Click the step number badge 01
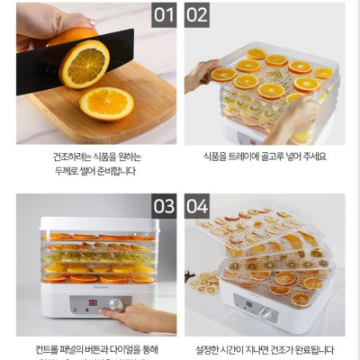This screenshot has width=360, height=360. (163, 14)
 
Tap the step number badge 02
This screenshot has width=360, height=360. (197, 14)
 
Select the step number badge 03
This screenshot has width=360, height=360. (163, 206)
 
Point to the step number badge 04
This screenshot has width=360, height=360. (197, 206)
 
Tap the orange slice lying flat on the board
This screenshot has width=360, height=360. (106, 103)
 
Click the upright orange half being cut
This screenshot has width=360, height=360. (84, 61)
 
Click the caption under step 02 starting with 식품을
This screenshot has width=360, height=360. (265, 157)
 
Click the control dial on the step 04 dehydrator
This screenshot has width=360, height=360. (266, 311)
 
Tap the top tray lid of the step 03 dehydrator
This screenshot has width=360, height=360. (99, 224)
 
